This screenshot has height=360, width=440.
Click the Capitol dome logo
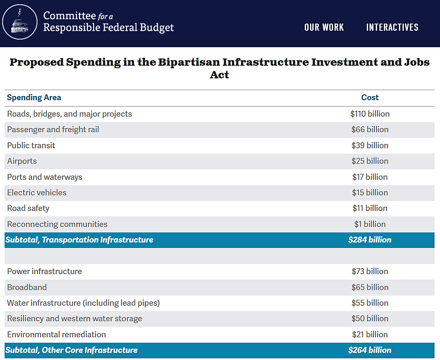(20, 22)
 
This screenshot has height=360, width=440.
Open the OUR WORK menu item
(324, 27)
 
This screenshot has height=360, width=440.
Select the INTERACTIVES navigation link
(392, 27)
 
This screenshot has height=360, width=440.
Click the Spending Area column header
(34, 98)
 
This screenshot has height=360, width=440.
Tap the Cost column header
(370, 98)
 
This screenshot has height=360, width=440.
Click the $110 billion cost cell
(370, 114)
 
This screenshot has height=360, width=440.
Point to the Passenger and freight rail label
(53, 130)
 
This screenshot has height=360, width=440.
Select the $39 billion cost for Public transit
(370, 145)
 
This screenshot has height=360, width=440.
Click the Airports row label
(22, 161)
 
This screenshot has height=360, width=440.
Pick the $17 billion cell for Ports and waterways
(370, 177)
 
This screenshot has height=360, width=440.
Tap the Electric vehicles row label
(37, 193)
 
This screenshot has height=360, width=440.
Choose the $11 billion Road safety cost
(370, 208)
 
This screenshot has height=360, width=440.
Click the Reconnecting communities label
(57, 224)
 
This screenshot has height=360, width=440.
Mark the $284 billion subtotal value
(370, 240)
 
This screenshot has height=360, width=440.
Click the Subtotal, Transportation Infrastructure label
(79, 240)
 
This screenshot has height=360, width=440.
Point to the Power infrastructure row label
(45, 272)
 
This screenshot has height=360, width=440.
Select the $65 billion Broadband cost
(370, 288)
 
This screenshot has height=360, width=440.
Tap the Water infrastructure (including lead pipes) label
(83, 303)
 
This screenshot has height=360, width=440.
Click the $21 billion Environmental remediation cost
(370, 335)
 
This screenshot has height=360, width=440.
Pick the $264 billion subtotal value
(370, 350)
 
